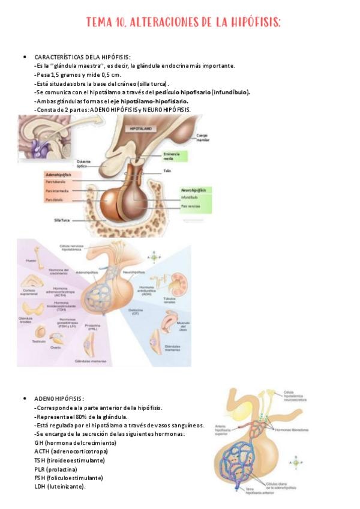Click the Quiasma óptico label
(85, 163)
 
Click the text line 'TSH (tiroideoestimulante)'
(69, 460)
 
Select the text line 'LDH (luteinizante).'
(60, 486)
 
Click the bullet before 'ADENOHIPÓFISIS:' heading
(24, 399)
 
